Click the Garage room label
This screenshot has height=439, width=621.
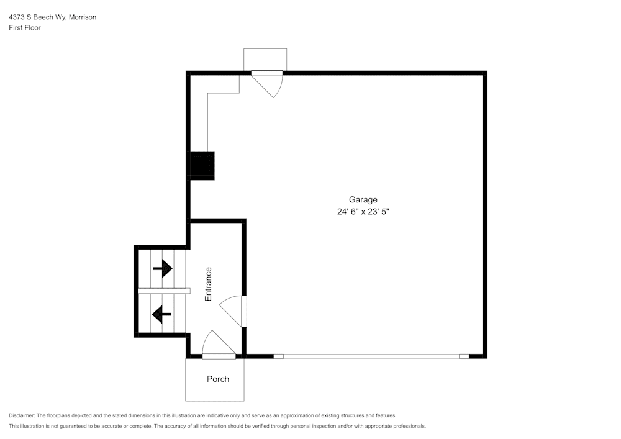point(363,199)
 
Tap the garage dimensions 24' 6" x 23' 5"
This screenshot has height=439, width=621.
point(363,212)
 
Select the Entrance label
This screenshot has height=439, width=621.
point(209,284)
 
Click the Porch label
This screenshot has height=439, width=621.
point(217,379)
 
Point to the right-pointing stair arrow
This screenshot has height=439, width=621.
point(163,268)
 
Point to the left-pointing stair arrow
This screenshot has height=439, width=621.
point(162,315)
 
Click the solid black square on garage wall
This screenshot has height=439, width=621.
point(202,166)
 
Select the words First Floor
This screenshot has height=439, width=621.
point(25,28)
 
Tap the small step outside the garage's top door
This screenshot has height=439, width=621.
point(265,60)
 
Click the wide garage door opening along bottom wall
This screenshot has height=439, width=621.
point(371,356)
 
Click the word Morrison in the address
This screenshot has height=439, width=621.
point(82,17)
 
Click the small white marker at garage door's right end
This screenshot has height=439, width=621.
point(464,356)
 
